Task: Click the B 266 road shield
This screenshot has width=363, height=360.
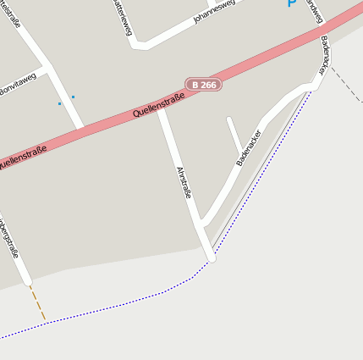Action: (203, 85)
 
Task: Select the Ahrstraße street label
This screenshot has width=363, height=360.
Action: (184, 182)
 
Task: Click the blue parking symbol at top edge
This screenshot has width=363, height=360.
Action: (292, 3)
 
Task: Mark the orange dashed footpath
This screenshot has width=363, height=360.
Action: (38, 303)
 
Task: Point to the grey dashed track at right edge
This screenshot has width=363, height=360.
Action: (346, 85)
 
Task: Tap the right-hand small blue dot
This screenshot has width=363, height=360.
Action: (73, 97)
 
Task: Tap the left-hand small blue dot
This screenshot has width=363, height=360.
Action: (59, 103)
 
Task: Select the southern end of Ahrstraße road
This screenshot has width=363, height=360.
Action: (211, 257)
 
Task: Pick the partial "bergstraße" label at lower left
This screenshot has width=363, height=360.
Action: (10, 241)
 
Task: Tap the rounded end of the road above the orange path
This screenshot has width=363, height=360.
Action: (28, 280)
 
